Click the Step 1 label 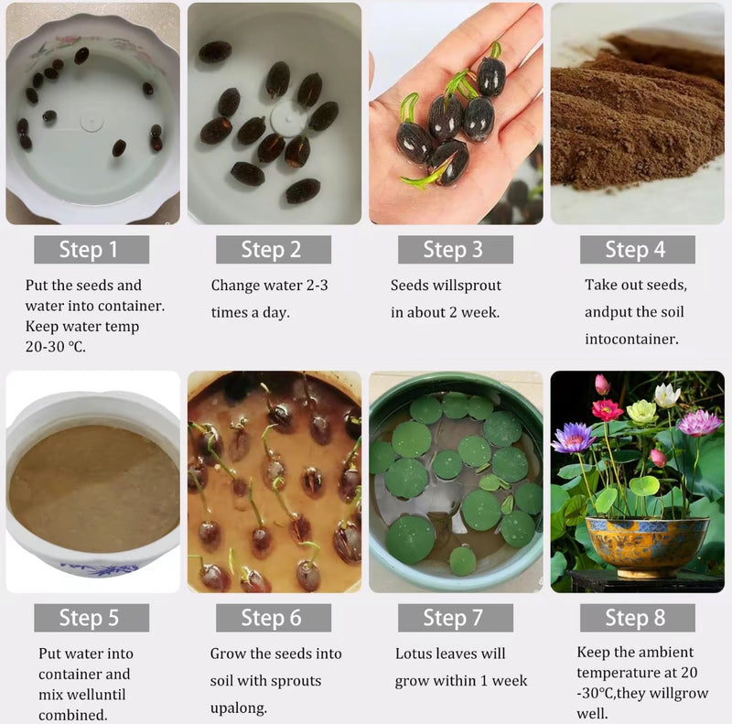[91, 250]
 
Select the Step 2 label [273, 250]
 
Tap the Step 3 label [455, 250]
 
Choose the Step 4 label [637, 250]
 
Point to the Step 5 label [91, 618]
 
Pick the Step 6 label [273, 618]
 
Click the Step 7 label [455, 618]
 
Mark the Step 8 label [637, 618]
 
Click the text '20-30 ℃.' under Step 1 [56, 347]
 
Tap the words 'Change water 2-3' [269, 286]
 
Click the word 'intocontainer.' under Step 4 [631, 339]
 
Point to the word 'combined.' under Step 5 [72, 714]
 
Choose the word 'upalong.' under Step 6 [241, 708]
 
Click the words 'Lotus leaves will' [450, 654]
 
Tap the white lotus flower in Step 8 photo [667, 394]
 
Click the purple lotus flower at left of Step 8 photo [574, 438]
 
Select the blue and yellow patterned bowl [647, 545]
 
